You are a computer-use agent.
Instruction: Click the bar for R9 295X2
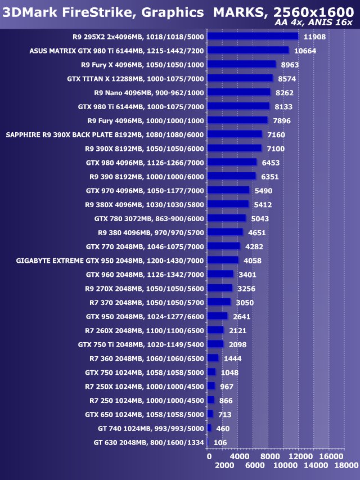pyautogui.click(x=253, y=37)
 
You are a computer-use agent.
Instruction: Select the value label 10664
pyautogui.click(x=305, y=51)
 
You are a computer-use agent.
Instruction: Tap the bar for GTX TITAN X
pyautogui.click(x=240, y=78)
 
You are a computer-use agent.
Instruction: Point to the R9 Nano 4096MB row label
pyautogui.click(x=149, y=92)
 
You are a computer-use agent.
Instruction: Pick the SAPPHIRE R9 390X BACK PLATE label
pyautogui.click(x=105, y=134)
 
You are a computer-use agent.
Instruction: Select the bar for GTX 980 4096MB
pyautogui.click(x=232, y=162)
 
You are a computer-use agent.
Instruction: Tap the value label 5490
pyautogui.click(x=264, y=191)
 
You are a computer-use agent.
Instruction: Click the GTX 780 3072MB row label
pyautogui.click(x=149, y=218)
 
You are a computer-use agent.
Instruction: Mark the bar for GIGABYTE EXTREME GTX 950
pyautogui.click(x=223, y=260)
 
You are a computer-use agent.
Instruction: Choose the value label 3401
pyautogui.click(x=247, y=275)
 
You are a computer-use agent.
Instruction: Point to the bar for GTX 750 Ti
pyautogui.click(x=215, y=344)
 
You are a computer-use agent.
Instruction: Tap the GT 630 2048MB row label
pyautogui.click(x=148, y=442)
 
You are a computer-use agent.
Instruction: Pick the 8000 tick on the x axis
pyautogui.click(x=271, y=456)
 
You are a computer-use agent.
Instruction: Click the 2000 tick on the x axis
pyautogui.click(x=224, y=465)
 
